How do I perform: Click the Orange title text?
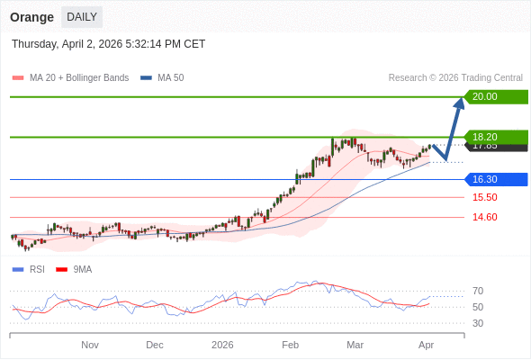click(x=31, y=17)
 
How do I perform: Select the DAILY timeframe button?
click(x=82, y=17)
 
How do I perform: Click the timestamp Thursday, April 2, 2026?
click(x=108, y=43)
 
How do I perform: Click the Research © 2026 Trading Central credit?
click(x=455, y=77)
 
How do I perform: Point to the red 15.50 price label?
click(x=484, y=197)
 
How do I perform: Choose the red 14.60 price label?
click(x=484, y=217)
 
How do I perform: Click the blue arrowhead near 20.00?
click(x=459, y=103)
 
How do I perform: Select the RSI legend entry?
click(x=37, y=269)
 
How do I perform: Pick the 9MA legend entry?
click(x=82, y=269)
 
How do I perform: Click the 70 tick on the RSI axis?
click(x=478, y=291)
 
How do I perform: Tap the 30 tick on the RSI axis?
click(x=478, y=323)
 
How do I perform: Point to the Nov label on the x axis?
click(x=90, y=345)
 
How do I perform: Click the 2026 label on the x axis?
click(x=222, y=345)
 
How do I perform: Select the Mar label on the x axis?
click(x=355, y=345)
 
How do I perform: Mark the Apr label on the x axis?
click(x=427, y=345)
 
